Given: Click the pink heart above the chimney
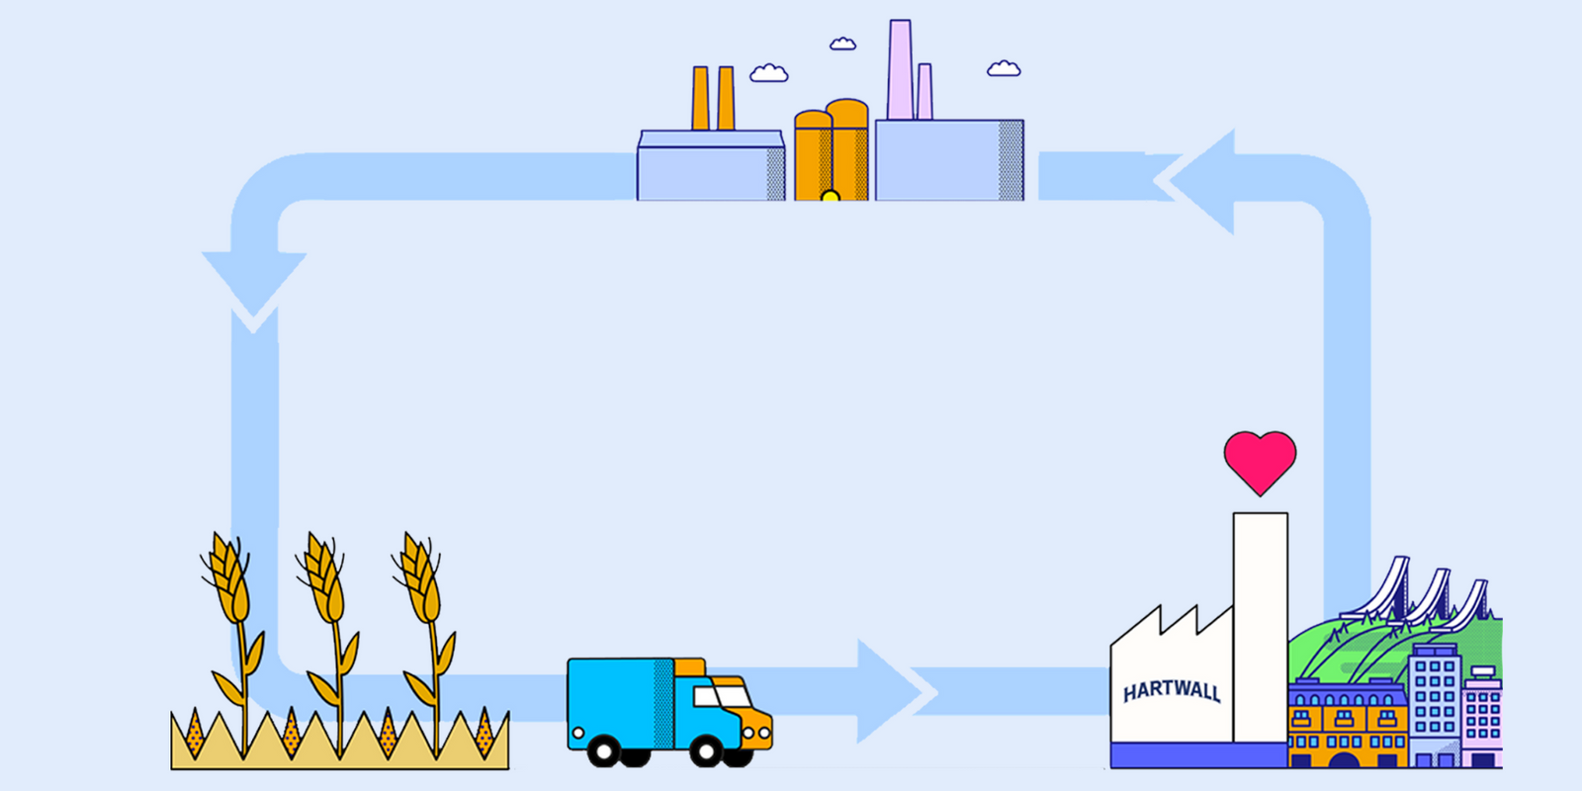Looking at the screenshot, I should [x=1260, y=460].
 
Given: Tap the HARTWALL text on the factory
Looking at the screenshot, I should [x=1172, y=690].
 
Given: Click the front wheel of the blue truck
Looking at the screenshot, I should [x=706, y=751].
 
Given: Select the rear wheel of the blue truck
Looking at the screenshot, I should [x=603, y=751].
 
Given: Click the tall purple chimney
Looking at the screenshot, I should [x=900, y=69].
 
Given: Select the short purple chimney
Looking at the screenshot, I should [x=924, y=91].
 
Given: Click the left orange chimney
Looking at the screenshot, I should [x=700, y=99].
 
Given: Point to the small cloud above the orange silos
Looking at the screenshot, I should [x=842, y=44].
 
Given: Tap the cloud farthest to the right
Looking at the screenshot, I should [x=1004, y=68].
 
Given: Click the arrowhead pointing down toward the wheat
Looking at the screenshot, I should [x=254, y=282].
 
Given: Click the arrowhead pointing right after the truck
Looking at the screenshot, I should [x=890, y=690].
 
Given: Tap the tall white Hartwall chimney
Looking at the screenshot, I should [x=1260, y=623].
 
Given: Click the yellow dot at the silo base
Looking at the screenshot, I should [x=831, y=197].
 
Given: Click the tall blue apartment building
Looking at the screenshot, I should [x=1435, y=702].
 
